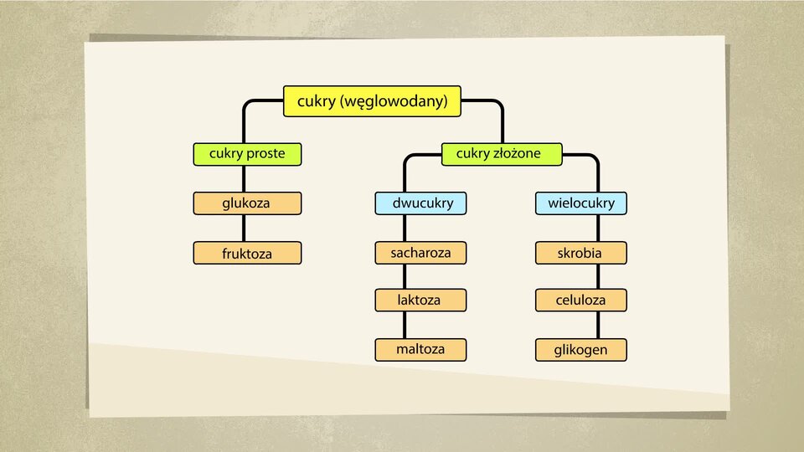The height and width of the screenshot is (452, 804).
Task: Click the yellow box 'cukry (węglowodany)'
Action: click(372, 101)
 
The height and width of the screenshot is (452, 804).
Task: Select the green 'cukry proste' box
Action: click(247, 154)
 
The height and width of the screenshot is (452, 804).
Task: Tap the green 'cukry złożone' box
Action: click(502, 154)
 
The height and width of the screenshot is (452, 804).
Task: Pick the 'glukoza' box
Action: click(247, 203)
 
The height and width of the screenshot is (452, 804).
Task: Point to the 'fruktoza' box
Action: click(247, 253)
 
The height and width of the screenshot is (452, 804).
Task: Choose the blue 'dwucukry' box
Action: click(420, 203)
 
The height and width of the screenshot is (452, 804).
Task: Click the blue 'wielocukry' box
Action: click(581, 203)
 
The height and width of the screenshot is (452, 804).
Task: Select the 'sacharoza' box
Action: click(420, 253)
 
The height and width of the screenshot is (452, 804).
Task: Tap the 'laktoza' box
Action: click(420, 300)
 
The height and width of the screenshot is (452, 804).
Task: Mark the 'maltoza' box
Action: click(420, 350)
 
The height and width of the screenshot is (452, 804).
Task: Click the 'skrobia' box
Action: click(581, 253)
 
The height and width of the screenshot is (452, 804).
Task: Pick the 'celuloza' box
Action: click(581, 300)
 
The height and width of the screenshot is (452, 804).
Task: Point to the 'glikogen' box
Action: click(581, 350)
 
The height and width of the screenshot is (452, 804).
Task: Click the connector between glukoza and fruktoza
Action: click(244, 228)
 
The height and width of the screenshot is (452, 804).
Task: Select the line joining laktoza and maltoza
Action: click(405, 325)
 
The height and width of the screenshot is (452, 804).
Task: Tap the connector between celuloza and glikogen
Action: click(598, 325)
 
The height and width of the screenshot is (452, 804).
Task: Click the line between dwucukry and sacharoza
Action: click(405, 228)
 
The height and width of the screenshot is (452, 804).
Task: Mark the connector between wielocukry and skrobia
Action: click(598, 228)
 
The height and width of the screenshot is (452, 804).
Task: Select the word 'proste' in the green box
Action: click(265, 154)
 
